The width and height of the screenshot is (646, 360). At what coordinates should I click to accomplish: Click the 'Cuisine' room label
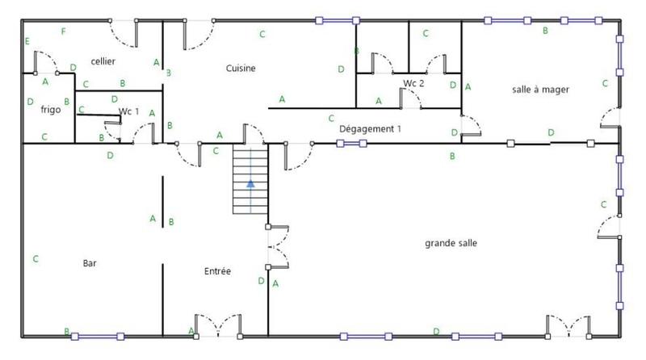(241, 69)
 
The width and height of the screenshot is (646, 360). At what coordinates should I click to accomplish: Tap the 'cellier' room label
(103, 61)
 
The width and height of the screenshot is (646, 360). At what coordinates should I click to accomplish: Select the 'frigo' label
(51, 109)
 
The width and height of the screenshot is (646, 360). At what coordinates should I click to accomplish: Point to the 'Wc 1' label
(129, 111)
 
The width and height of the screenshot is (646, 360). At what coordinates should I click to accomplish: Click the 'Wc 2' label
(413, 84)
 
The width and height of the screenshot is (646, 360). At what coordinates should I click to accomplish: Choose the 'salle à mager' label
(541, 90)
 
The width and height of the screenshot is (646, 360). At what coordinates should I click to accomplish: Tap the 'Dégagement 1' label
(370, 128)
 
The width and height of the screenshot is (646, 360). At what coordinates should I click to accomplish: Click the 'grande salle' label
(451, 242)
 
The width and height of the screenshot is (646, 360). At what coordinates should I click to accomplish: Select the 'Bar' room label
(90, 263)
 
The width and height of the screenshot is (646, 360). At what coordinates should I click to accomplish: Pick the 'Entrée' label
(218, 271)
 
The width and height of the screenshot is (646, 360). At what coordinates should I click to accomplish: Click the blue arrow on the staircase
(251, 183)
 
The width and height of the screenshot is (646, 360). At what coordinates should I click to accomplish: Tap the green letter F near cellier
(63, 31)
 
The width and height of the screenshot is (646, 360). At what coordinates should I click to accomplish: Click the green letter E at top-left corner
(27, 41)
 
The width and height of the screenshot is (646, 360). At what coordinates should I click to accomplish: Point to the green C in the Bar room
(36, 259)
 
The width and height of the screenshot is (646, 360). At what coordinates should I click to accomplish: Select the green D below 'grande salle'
(436, 331)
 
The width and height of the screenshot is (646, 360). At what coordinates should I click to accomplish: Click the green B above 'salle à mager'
(546, 31)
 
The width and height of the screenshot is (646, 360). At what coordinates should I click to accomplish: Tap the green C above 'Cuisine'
(262, 34)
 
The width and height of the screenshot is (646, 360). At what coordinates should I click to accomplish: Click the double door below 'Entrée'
(217, 327)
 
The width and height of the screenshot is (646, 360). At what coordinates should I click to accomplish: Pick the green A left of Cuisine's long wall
(282, 98)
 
